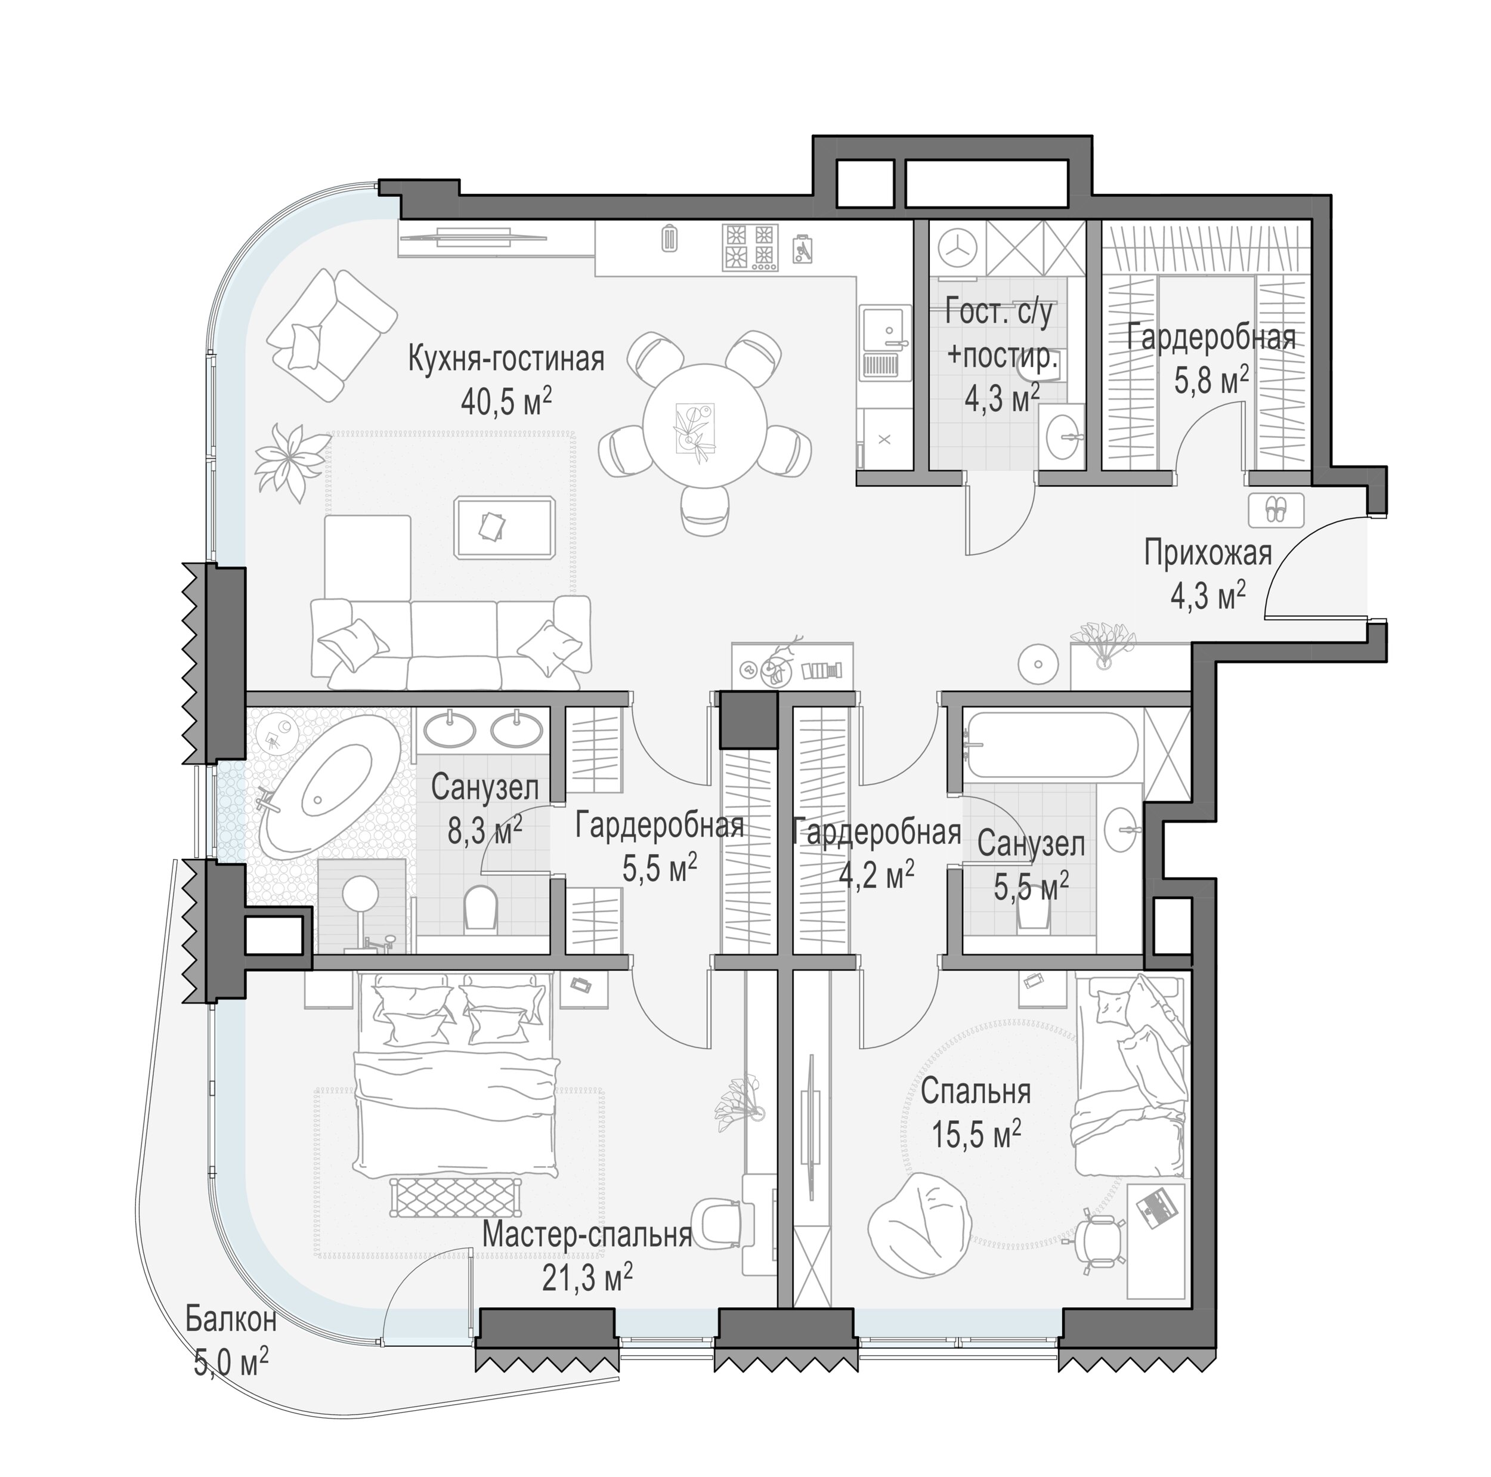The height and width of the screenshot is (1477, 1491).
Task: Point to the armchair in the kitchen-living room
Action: (x=332, y=334)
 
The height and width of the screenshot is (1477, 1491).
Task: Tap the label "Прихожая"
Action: (x=1208, y=554)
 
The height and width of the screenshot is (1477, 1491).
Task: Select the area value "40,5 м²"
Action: (x=506, y=401)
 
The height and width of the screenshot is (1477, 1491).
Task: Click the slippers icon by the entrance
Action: (x=1276, y=509)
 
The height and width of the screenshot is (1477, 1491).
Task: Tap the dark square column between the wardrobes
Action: (x=747, y=719)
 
